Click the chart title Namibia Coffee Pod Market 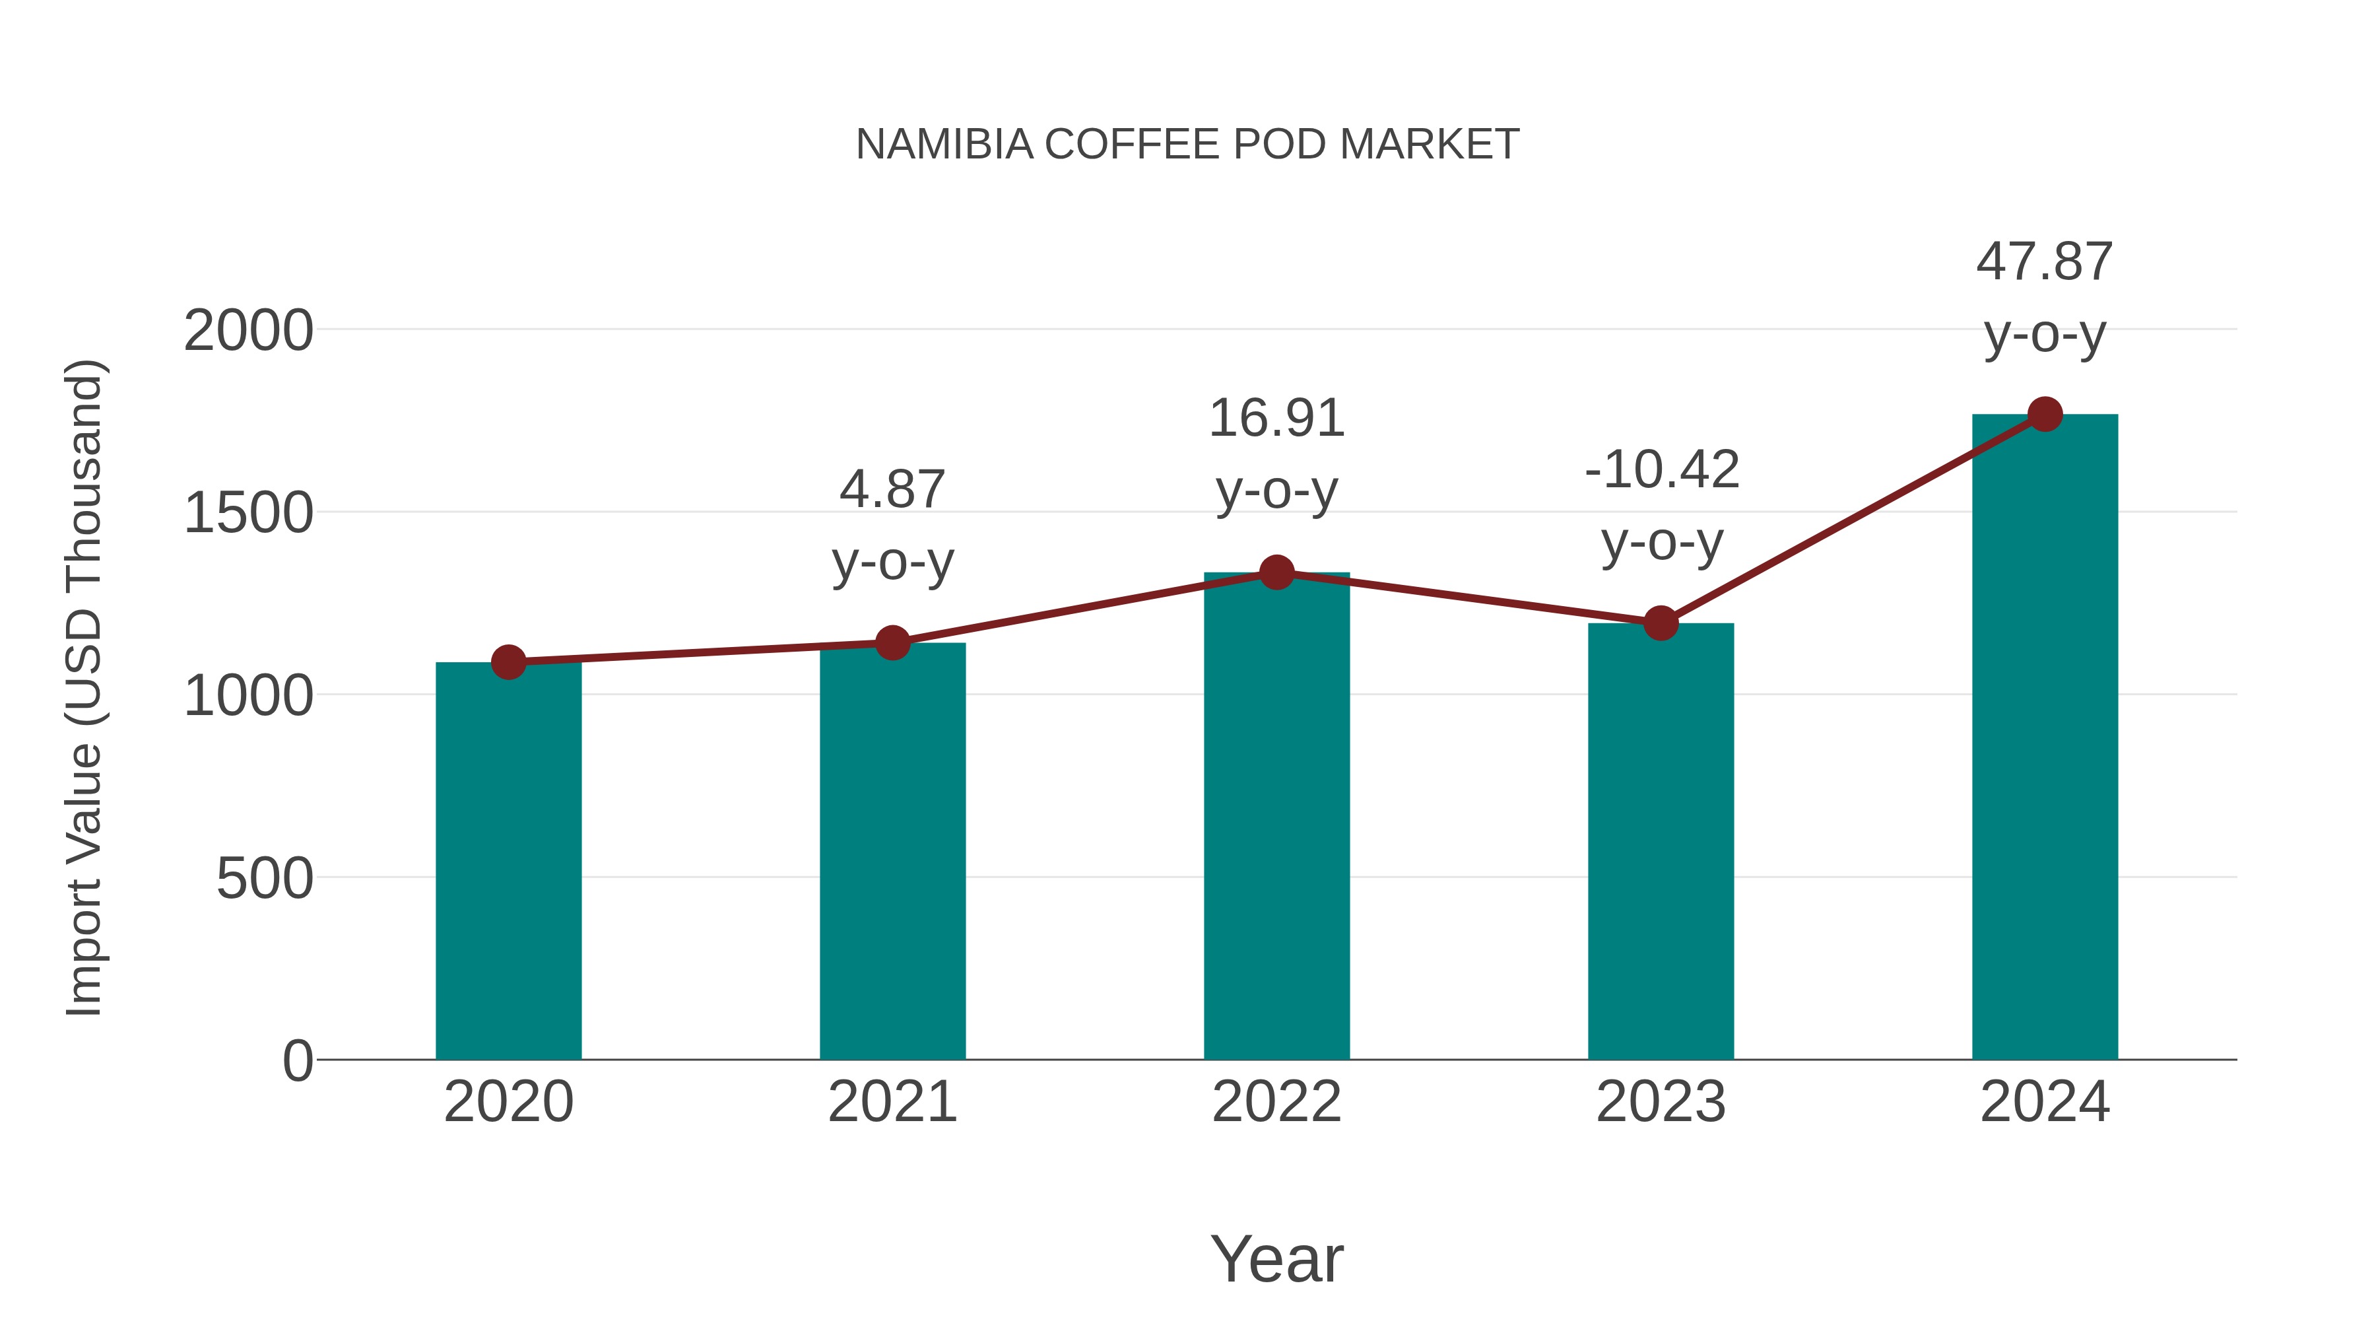pyautogui.click(x=1187, y=145)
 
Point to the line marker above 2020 pyautogui.click(x=508, y=662)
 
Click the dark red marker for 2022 pyautogui.click(x=1276, y=572)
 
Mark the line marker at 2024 pyautogui.click(x=2045, y=414)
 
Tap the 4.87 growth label pyautogui.click(x=892, y=489)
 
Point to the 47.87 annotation pyautogui.click(x=2044, y=262)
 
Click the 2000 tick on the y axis pyautogui.click(x=248, y=331)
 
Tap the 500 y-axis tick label pyautogui.click(x=264, y=878)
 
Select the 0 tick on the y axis pyautogui.click(x=297, y=1060)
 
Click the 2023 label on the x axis pyautogui.click(x=1661, y=1102)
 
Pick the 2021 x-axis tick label pyautogui.click(x=892, y=1102)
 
